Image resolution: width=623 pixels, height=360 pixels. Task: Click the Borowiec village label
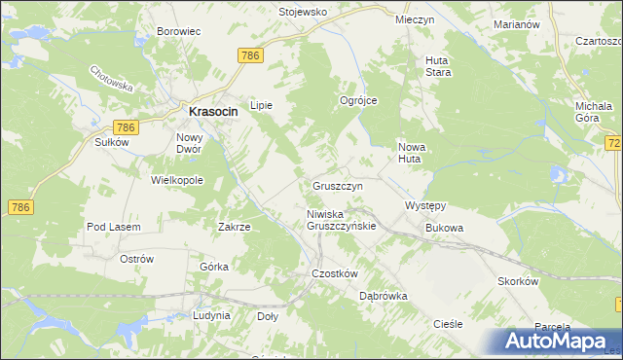point(178,31)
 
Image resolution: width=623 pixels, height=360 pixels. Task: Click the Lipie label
point(262,105)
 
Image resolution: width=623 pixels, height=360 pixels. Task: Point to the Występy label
point(424,206)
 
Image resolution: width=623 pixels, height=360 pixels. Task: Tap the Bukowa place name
point(444,228)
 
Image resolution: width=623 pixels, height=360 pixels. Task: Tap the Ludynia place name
point(211,315)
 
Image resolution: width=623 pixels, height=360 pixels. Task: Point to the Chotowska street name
point(110,80)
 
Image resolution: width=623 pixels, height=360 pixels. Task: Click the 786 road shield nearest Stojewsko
point(249,57)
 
